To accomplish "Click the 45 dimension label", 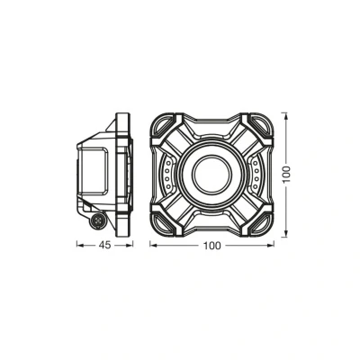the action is pyautogui.click(x=104, y=245).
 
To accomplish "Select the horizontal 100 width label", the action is pyautogui.click(x=212, y=246).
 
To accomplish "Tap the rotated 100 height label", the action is pyautogui.click(x=286, y=175).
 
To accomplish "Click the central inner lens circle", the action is pyautogui.click(x=212, y=175).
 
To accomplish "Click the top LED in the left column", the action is pyautogui.click(x=168, y=164).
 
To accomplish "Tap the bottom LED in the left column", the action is pyautogui.click(x=168, y=186).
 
